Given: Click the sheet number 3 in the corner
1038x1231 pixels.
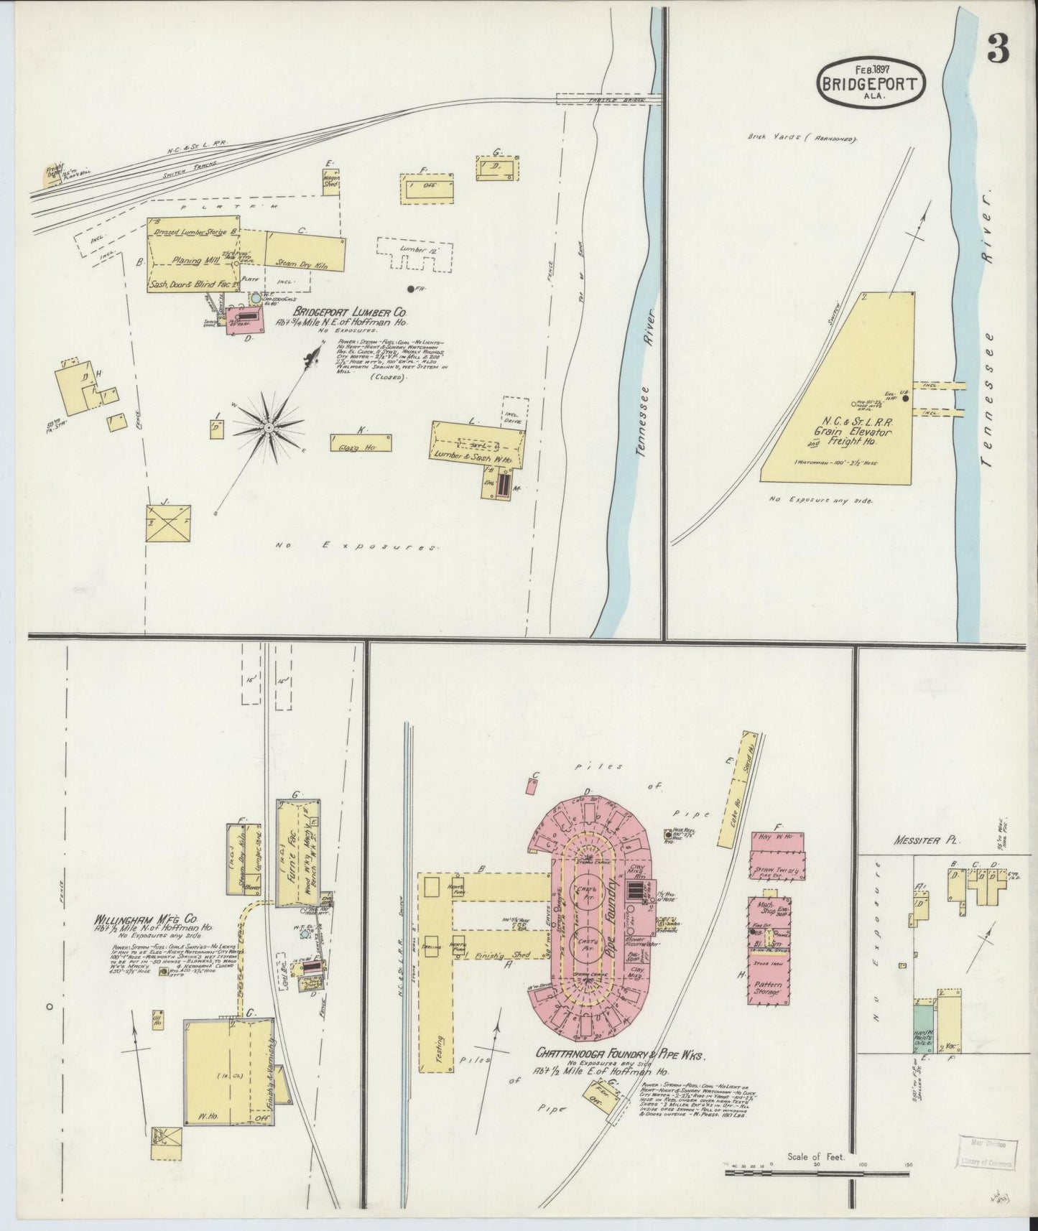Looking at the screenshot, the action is coord(998,48).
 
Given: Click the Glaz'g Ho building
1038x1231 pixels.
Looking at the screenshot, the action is coord(361,444).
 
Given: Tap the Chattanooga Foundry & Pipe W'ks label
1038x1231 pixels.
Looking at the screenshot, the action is coord(627,1054).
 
